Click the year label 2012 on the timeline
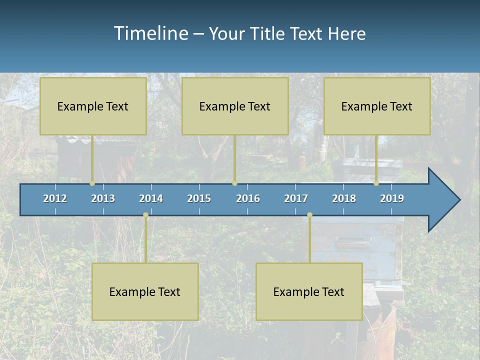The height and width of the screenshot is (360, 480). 55,198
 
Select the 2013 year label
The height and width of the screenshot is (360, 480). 103,198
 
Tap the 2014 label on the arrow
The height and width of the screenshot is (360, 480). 151,198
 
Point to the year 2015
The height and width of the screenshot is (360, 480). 199,198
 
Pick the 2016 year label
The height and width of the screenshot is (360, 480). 248,198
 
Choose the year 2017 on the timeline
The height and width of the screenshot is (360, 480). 296,198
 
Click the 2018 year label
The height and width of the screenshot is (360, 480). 344,198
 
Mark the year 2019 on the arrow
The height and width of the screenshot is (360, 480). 392,198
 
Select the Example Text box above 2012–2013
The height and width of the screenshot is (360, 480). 93,106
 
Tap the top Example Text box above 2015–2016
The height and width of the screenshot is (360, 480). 235,106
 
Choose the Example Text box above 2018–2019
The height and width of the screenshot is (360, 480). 377,106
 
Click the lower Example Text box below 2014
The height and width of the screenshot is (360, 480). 145,291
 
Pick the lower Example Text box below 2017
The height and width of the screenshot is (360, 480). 309,291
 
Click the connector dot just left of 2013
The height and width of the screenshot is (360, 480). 92,183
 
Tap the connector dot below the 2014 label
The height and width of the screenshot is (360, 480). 145,215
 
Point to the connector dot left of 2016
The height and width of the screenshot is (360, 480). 235,183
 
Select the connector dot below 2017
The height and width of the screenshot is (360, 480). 309,215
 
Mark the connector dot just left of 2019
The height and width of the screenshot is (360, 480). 376,183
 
